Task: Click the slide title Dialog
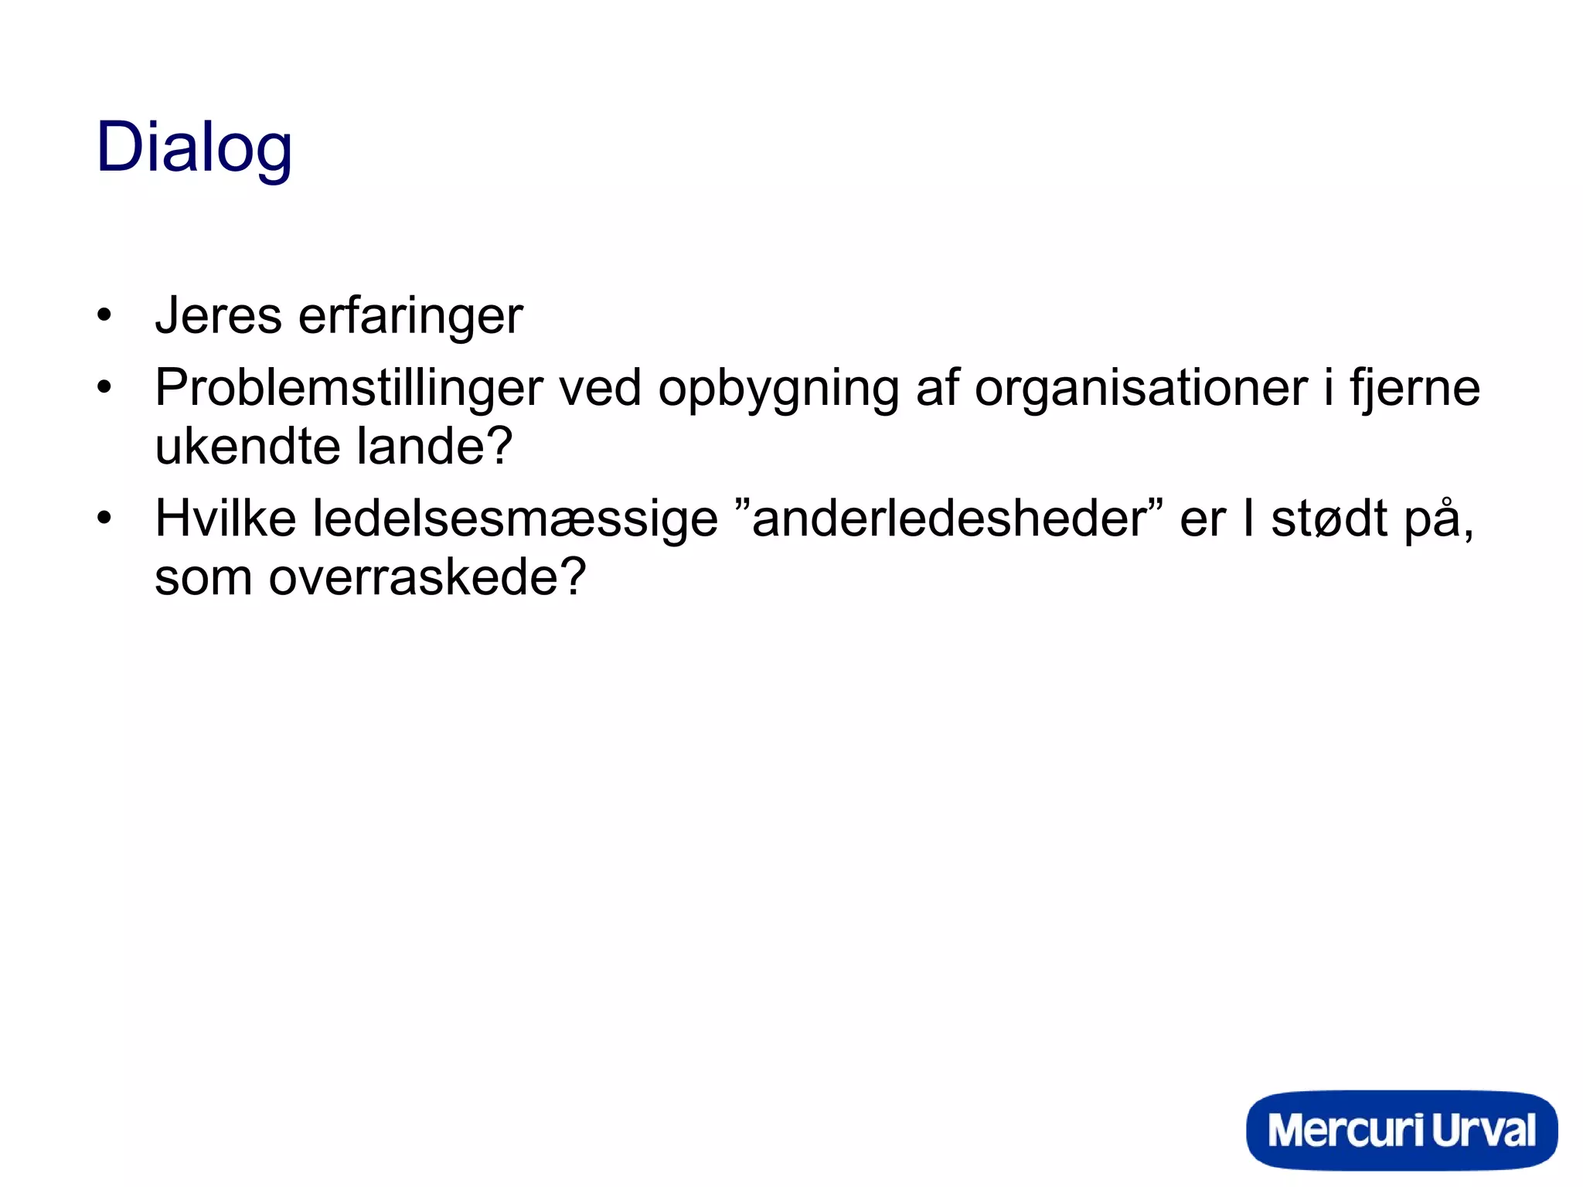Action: click(x=194, y=148)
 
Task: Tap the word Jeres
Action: click(x=218, y=316)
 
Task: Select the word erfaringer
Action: click(x=410, y=316)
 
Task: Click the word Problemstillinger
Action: click(x=349, y=388)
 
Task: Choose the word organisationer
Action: click(x=1141, y=388)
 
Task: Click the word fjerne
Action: click(x=1414, y=388)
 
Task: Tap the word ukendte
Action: click(x=247, y=446)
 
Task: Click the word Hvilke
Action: click(x=225, y=518)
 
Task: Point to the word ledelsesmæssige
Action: click(x=515, y=519)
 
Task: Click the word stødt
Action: click(x=1329, y=518)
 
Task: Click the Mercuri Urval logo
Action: click(x=1401, y=1130)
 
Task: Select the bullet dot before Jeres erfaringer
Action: click(x=104, y=316)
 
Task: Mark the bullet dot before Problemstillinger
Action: click(x=104, y=386)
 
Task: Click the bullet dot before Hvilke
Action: click(x=104, y=518)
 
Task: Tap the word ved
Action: click(x=600, y=388)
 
